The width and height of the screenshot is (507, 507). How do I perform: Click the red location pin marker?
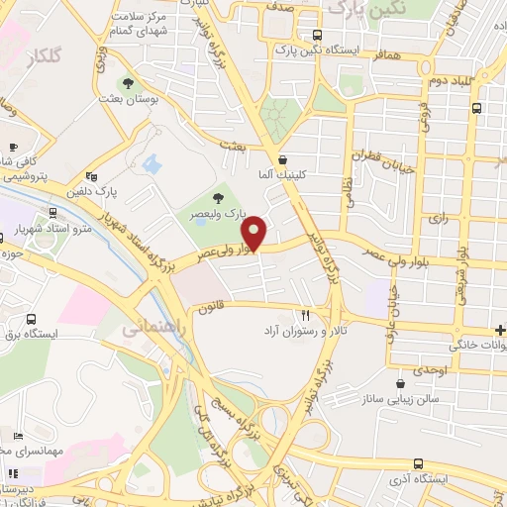255,233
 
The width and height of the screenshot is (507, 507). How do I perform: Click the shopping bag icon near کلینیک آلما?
283,159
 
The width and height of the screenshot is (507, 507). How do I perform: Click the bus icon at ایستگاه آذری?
418,463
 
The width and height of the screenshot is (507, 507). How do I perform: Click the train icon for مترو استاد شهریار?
51,214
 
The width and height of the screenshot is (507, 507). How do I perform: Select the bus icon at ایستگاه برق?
31,320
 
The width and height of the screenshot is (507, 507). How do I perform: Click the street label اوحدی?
431,369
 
